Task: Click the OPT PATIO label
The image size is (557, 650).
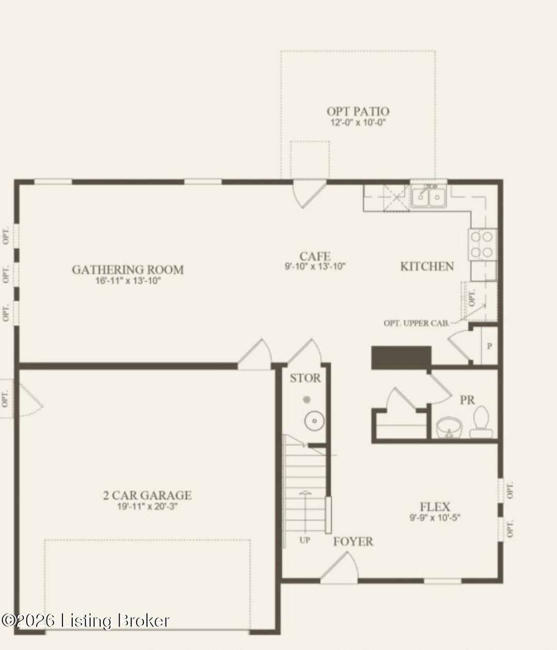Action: (x=358, y=112)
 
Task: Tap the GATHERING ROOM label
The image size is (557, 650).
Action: (x=128, y=269)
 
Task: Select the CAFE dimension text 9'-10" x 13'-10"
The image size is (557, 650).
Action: (x=315, y=266)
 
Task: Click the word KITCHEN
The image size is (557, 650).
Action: (x=427, y=266)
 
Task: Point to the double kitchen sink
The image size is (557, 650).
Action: (x=429, y=196)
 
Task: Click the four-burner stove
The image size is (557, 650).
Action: (x=482, y=245)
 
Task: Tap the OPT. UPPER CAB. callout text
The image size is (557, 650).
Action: (x=417, y=323)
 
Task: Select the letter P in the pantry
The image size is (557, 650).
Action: (x=489, y=346)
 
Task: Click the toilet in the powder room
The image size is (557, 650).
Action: (x=481, y=422)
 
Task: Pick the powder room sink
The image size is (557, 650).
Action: (x=449, y=427)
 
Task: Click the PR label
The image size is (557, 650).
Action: (x=467, y=400)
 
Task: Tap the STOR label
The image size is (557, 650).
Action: (x=305, y=378)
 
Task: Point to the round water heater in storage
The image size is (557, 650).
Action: (x=315, y=421)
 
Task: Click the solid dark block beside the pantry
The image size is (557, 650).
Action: (x=401, y=358)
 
